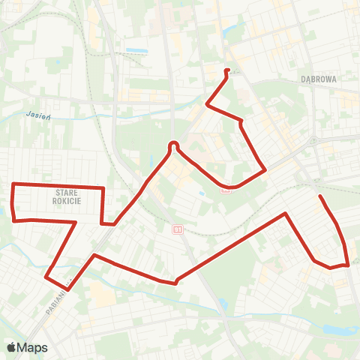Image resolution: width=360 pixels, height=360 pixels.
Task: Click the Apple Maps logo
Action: (27, 347)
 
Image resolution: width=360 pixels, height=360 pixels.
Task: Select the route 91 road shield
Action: (178, 229)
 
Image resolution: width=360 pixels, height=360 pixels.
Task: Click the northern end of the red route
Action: (226, 70)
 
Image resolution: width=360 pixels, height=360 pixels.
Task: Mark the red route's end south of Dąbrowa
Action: (320, 196)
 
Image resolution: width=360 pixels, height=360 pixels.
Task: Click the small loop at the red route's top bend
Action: (173, 144)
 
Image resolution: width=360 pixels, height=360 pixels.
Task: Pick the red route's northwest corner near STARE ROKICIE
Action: (13, 184)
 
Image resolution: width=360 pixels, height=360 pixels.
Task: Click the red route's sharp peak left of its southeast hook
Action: (286, 214)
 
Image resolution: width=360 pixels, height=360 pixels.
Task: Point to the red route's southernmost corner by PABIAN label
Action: (68, 289)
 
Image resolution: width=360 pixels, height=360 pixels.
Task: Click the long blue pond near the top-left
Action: (136, 50)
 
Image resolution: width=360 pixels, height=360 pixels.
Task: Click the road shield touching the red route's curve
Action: (226, 190)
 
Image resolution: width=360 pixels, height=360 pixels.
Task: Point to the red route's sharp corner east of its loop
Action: (265, 170)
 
